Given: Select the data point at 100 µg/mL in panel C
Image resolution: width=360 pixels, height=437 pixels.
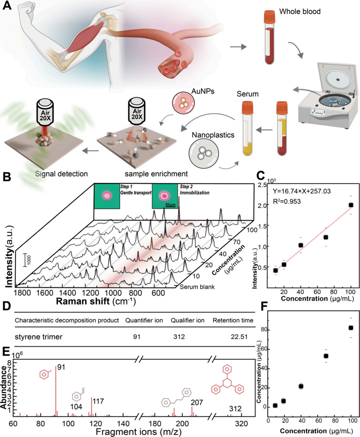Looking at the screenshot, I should (x=351, y=205).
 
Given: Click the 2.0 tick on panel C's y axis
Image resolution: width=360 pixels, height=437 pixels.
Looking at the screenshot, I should (x=265, y=205).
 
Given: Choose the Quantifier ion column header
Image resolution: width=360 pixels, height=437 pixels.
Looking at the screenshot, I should (x=144, y=320).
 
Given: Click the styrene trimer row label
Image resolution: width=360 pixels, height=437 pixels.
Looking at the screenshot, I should (x=36, y=336).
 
